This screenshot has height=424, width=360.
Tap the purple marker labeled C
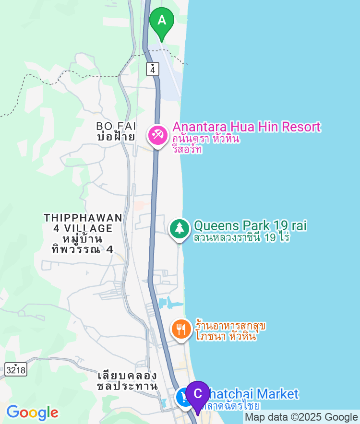click(197, 395)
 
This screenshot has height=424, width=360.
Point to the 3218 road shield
click(16, 370)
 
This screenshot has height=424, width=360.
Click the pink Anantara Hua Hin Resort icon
click(157, 135)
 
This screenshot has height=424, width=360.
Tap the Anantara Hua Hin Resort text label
click(246, 127)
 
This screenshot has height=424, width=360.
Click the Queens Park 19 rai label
click(250, 225)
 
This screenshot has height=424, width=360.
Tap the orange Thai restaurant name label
click(230, 331)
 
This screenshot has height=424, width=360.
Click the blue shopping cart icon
click(183, 397)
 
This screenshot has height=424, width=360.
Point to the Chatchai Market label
click(257, 394)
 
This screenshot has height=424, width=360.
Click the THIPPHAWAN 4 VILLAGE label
click(83, 223)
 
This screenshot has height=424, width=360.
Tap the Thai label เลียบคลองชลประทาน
click(127, 380)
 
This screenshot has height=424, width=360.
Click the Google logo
click(32, 412)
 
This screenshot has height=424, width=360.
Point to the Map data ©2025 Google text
click(301, 417)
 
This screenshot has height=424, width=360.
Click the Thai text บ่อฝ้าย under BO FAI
click(116, 137)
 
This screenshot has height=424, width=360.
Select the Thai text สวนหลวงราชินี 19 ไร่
click(241, 237)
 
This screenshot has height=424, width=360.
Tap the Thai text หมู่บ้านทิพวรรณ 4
click(83, 244)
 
